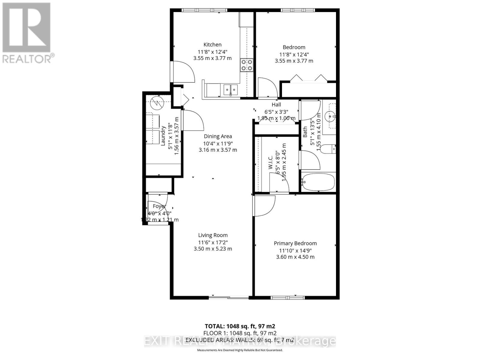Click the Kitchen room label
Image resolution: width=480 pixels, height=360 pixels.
212,45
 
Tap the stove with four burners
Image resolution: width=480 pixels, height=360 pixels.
247,65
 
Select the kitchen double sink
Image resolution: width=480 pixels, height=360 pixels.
230,89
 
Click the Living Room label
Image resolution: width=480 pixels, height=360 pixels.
213,235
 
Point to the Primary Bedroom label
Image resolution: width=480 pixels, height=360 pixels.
295,243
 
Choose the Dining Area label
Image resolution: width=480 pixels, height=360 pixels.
218,136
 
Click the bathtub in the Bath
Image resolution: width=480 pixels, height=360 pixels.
318,182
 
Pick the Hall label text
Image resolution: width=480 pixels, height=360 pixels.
276,104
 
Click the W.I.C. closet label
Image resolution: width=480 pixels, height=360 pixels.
271,162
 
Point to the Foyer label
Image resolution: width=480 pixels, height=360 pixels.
159,206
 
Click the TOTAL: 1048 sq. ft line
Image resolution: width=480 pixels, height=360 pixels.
240,326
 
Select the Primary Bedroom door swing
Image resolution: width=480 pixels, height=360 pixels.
264,206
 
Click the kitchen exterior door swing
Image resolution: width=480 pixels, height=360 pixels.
182,72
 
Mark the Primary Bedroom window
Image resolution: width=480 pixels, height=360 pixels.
288,298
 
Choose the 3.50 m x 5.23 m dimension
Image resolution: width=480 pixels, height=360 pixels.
213,249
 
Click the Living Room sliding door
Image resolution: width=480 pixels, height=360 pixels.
229,298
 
